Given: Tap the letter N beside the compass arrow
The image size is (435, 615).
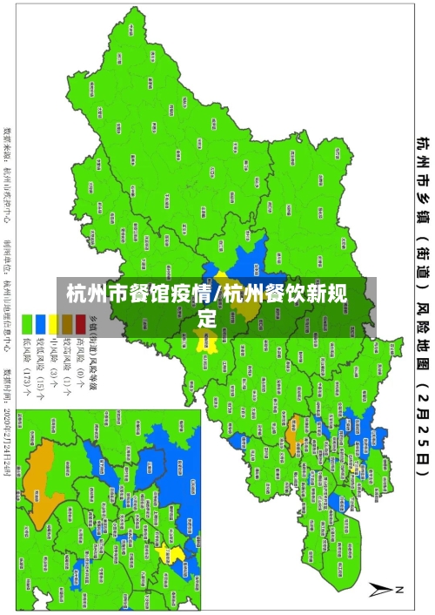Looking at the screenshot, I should click(400, 590).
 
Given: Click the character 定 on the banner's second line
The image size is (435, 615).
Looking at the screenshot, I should click(207, 320).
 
